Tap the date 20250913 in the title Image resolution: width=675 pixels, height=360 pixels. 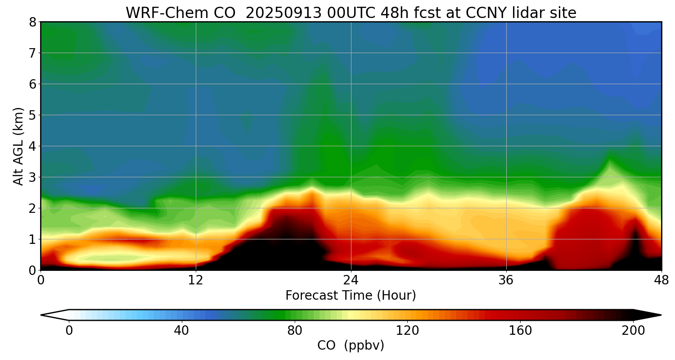point(283,13)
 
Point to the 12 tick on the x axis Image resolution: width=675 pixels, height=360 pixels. point(196,279)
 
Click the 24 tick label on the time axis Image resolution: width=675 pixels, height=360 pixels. point(351,279)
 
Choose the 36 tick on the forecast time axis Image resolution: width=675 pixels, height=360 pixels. point(506,279)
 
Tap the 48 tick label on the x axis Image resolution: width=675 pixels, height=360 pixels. point(661,279)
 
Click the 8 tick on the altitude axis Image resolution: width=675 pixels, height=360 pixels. point(32,22)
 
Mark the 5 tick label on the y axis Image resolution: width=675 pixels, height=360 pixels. point(32,115)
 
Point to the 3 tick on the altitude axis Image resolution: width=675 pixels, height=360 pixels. point(32,177)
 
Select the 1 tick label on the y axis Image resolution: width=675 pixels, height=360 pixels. point(32,239)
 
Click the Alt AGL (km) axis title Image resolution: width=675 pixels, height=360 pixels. point(18,146)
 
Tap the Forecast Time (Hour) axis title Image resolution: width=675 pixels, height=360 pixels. point(351,296)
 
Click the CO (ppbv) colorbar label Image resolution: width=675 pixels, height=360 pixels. point(351,346)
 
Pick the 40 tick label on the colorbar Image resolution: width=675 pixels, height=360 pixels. point(181,331)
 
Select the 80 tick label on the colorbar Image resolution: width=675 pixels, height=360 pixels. point(294,331)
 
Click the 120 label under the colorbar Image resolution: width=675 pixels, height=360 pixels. point(407,331)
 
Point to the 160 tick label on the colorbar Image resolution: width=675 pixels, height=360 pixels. point(520,331)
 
